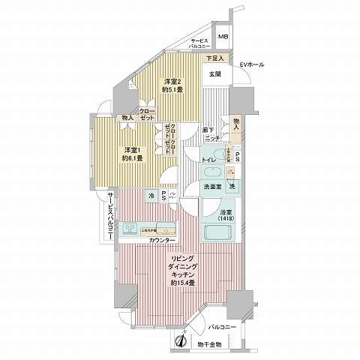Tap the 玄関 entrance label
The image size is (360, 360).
click(214, 74)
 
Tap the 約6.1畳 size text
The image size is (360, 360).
click(132, 158)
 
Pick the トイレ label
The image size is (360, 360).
click(209, 160)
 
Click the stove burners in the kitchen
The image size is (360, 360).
click(130, 228)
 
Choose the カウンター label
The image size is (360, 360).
click(162, 240)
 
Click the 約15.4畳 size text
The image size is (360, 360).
click(182, 283)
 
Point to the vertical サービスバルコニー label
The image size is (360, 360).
click(110, 217)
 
